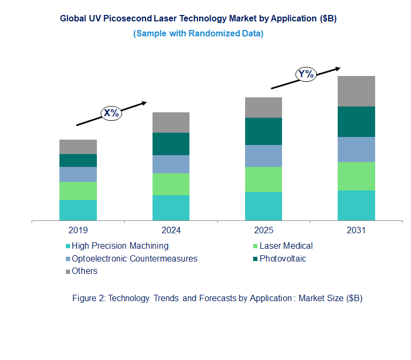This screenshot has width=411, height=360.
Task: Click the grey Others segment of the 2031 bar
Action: pyautogui.click(x=356, y=91)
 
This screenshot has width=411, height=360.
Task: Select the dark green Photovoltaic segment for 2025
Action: pyautogui.click(x=263, y=131)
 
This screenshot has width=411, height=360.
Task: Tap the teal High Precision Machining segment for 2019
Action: pyautogui.click(x=78, y=210)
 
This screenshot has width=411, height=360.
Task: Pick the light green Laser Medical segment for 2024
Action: pyautogui.click(x=171, y=184)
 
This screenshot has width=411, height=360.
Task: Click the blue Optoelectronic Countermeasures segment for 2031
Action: pyautogui.click(x=356, y=149)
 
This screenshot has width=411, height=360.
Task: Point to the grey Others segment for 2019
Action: pyautogui.click(x=78, y=147)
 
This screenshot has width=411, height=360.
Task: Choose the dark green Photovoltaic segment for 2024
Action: pyautogui.click(x=171, y=144)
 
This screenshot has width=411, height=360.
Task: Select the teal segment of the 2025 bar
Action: pyautogui.click(x=263, y=206)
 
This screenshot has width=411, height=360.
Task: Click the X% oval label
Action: pyautogui.click(x=112, y=113)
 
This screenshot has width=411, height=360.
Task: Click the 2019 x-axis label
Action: pyautogui.click(x=78, y=231)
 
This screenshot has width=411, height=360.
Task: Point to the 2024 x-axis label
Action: pyautogui.click(x=171, y=231)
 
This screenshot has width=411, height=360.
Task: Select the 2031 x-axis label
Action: pyautogui.click(x=356, y=231)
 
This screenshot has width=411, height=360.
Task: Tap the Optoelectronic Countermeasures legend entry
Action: pyautogui.click(x=134, y=259)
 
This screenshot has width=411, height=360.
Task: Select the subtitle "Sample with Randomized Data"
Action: pyautogui.click(x=198, y=34)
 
